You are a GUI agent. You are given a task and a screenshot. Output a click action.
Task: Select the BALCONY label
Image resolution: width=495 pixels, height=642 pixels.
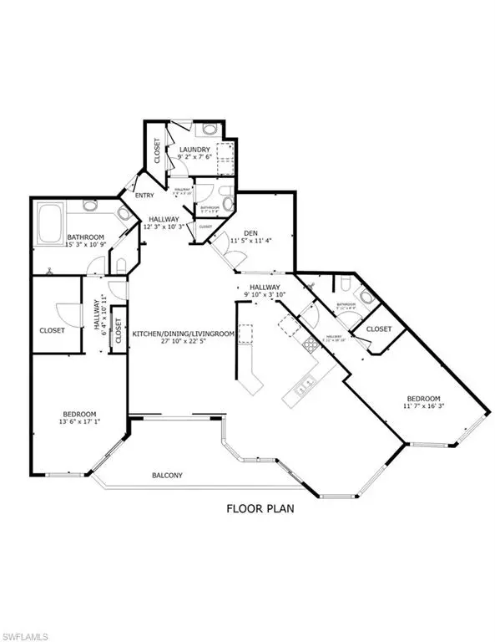point(168,476)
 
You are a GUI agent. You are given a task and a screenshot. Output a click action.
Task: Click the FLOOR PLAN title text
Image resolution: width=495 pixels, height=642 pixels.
point(260,507)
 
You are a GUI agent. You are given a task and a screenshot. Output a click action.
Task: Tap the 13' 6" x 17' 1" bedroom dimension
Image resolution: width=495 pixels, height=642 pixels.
point(79,423)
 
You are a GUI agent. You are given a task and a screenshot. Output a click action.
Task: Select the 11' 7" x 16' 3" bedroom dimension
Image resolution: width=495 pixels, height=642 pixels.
point(426,406)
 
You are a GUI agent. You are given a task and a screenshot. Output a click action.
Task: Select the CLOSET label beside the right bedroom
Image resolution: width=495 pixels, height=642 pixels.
point(379,329)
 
